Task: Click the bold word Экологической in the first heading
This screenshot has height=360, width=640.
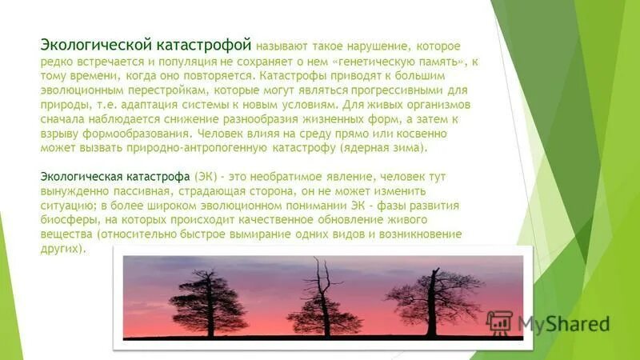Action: [x=90, y=46]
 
